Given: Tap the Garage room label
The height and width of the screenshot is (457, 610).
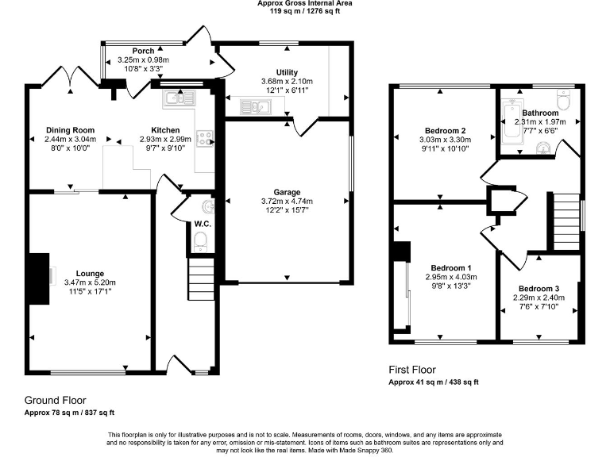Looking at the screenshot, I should tap(287, 192).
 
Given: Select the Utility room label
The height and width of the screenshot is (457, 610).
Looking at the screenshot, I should tap(287, 72).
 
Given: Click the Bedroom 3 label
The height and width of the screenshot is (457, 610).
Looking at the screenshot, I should tap(539, 288).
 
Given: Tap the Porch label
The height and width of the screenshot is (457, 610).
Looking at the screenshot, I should tap(143, 51).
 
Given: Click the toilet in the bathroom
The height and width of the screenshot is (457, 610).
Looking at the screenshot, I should tap(564, 102).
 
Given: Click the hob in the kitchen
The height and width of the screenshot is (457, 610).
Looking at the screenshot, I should tap(205, 139).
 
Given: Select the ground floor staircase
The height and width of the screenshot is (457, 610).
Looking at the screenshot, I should tap(200, 282).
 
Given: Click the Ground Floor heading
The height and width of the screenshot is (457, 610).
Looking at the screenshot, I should tap(55, 401).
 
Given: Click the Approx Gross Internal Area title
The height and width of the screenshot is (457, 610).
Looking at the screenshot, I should tap(305, 4).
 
